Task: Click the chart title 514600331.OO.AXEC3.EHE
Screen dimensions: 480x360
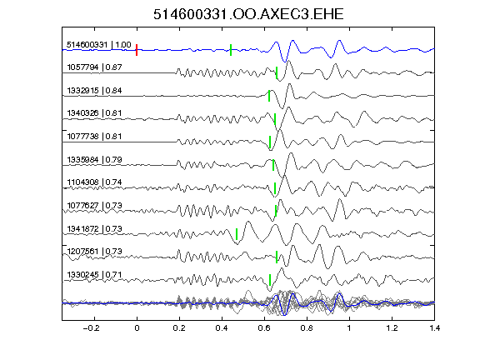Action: (x=248, y=14)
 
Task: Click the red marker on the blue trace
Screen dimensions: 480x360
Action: (x=137, y=50)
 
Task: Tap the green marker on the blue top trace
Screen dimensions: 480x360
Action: (x=231, y=50)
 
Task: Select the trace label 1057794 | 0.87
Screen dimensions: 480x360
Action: (x=95, y=67)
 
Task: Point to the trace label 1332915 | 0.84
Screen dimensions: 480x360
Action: (x=95, y=91)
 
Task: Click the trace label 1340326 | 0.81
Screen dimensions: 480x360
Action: (x=95, y=113)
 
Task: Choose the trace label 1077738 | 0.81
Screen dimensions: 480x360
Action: (x=95, y=137)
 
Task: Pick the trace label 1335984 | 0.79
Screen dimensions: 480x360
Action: (x=95, y=160)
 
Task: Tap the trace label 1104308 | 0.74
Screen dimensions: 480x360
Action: (x=95, y=182)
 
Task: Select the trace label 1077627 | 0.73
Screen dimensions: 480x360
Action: (x=95, y=205)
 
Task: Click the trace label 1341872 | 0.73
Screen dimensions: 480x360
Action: (x=95, y=229)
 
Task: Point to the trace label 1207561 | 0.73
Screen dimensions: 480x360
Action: (x=95, y=252)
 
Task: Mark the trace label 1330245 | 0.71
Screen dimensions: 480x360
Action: (x=95, y=275)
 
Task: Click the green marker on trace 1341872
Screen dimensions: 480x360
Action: (x=237, y=234)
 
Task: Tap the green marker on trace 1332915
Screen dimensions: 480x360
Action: (x=269, y=96)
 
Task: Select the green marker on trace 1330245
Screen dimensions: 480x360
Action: (x=270, y=280)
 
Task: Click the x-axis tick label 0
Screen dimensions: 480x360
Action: (x=137, y=328)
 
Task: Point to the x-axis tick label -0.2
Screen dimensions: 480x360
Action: (x=92, y=328)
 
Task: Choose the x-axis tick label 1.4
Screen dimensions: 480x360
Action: (x=435, y=328)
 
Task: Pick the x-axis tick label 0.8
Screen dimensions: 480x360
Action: (x=307, y=328)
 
